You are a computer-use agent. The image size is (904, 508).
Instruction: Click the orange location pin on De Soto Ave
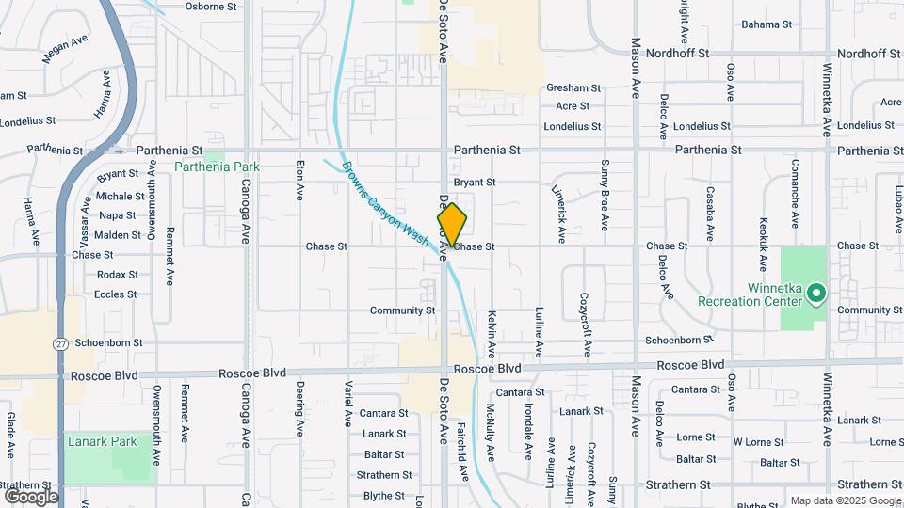tap(452, 225)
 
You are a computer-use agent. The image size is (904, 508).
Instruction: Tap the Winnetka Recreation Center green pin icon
tap(816, 294)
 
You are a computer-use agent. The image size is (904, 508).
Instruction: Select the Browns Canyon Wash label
tap(385, 204)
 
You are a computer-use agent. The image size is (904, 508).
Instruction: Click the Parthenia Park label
tap(217, 167)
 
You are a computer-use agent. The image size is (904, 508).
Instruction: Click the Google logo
tap(30, 496)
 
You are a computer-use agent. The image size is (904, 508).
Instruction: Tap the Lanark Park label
tap(102, 441)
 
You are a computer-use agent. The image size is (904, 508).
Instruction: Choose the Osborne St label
tap(218, 6)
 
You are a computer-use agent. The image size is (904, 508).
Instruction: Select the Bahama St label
tap(767, 24)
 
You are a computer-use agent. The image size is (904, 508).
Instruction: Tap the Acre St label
tap(573, 106)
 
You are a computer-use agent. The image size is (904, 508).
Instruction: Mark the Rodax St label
tap(118, 275)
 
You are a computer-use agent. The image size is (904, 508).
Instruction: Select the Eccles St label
tap(116, 294)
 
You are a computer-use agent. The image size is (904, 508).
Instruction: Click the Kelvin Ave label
tap(492, 335)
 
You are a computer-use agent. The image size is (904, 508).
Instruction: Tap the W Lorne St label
tap(759, 442)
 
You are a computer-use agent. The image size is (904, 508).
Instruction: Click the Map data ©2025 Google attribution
tap(845, 500)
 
